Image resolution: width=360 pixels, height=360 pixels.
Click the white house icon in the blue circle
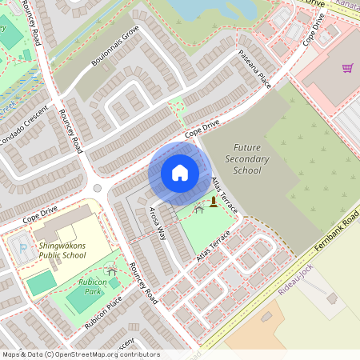click(x=180, y=172)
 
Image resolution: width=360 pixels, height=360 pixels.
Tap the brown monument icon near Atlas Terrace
click(x=214, y=202)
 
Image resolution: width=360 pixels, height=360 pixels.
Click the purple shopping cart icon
click(x=347, y=68)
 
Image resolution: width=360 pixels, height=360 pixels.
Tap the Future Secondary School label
click(x=247, y=159)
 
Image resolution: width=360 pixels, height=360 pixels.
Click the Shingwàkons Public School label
click(x=62, y=250)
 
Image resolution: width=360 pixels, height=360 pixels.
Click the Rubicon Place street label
click(x=103, y=314)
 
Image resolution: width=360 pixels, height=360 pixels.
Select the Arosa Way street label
click(x=158, y=222)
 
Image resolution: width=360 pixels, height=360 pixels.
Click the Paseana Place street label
click(x=255, y=70)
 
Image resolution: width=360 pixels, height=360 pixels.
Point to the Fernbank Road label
click(x=337, y=233)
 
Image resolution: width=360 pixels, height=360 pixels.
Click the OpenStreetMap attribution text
click(x=81, y=354)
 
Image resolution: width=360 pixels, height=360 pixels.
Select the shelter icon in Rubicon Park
click(x=112, y=271)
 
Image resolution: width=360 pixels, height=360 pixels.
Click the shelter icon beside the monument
click(x=198, y=210)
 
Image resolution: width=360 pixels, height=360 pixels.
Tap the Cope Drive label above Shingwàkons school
click(x=40, y=213)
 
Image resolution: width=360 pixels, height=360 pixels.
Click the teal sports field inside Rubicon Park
click(x=42, y=283)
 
